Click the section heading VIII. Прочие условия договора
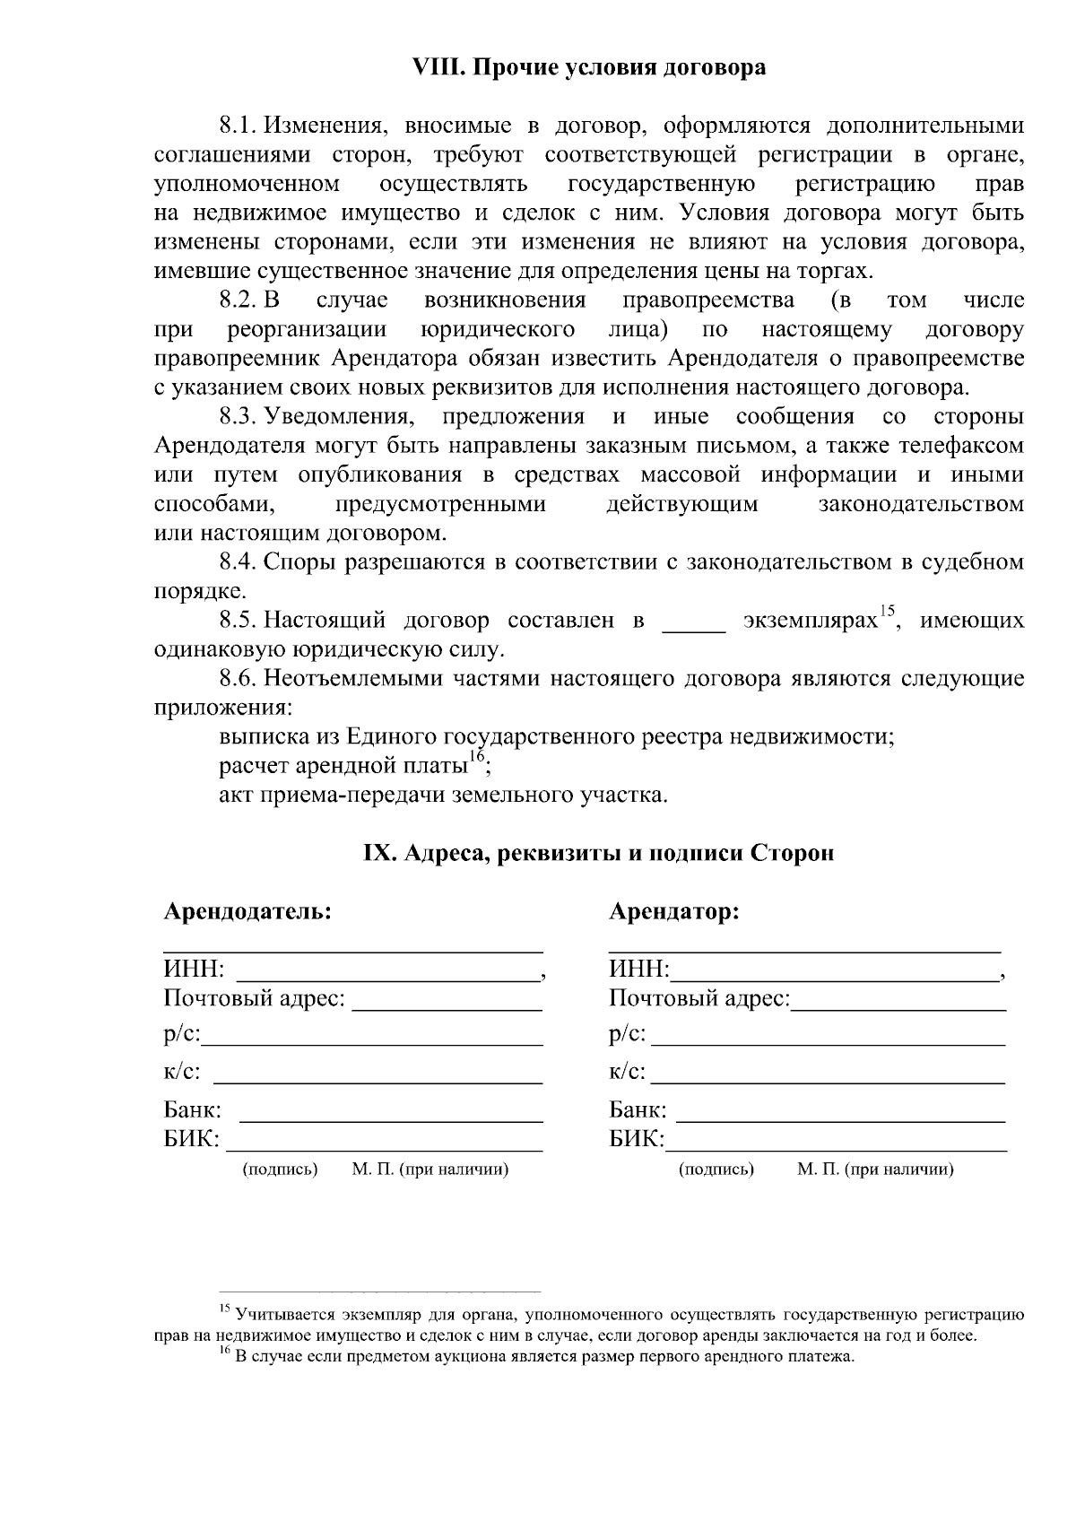588,67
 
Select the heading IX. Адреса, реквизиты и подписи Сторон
598,853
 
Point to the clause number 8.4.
238,562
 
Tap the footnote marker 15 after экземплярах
886,613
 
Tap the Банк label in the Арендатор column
638,1110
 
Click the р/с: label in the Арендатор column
627,1035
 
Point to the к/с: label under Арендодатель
182,1073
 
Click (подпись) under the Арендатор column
716,1170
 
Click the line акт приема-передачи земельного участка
443,796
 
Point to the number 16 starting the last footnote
225,1353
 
